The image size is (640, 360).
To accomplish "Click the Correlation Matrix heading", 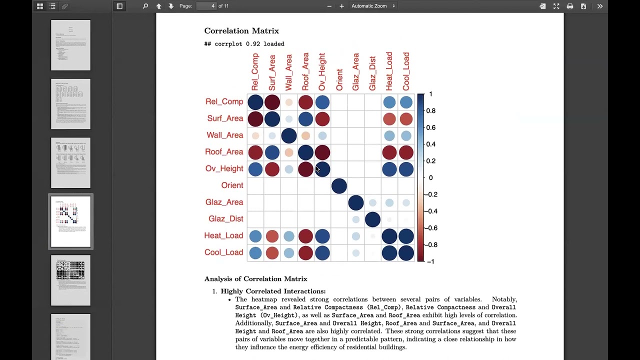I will [x=241, y=31].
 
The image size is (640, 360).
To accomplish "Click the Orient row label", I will [x=232, y=185].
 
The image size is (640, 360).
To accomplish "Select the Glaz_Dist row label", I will [x=226, y=219].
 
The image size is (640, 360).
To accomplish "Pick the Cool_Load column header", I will [x=406, y=71].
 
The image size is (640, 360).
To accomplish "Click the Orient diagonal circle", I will [x=339, y=186].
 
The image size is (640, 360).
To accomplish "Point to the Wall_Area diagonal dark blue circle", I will [x=289, y=135].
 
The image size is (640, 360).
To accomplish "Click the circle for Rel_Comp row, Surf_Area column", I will [x=272, y=102].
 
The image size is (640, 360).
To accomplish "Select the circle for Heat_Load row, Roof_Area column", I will [x=305, y=236].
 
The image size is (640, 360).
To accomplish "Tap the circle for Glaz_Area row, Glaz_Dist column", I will [x=372, y=202].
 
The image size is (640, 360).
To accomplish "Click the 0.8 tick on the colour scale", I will [x=430, y=111].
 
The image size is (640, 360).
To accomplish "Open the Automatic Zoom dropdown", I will [x=373, y=6].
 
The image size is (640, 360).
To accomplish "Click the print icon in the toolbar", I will [x=569, y=6].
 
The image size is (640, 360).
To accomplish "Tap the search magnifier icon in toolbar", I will [x=145, y=6].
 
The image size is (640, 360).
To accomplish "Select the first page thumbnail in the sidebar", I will [x=70, y=45].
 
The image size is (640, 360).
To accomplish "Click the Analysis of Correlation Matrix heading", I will [x=255, y=279].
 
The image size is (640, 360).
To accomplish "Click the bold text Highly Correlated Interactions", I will [x=273, y=291].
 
